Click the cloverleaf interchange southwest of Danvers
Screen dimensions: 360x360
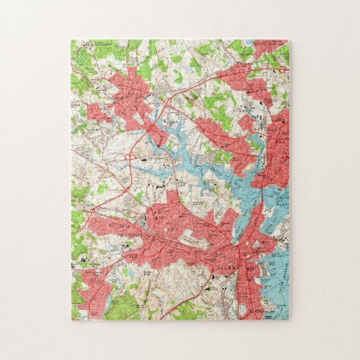[x=130, y=157]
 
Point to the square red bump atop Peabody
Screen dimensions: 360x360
[x=173, y=198]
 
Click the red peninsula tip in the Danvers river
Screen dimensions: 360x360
[x=163, y=139]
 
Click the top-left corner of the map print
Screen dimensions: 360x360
[x=71, y=40]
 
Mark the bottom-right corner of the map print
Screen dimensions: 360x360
[x=289, y=320]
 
